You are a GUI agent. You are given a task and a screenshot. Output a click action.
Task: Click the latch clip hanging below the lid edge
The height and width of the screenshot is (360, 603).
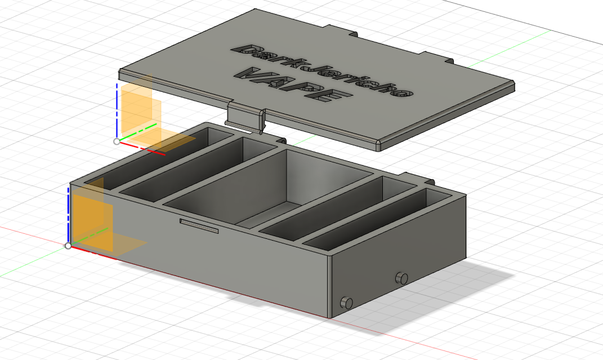pos(246,118)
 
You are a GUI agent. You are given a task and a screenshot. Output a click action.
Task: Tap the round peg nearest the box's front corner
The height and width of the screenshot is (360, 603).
pos(346,303)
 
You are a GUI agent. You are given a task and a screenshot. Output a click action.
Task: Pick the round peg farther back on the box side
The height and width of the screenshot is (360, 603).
pos(401,278)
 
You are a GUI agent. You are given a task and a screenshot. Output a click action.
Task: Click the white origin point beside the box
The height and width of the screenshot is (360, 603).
pos(68,246)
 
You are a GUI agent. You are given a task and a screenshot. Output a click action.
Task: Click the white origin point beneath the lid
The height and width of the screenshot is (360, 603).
pos(117,141)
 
